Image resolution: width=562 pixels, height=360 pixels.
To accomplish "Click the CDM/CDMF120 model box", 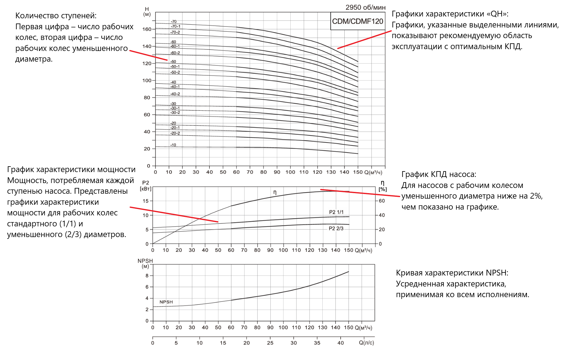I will tap(357, 21).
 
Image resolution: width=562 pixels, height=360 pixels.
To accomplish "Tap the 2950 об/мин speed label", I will tap(365, 7).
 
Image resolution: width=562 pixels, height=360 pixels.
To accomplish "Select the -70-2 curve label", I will tap(175, 32).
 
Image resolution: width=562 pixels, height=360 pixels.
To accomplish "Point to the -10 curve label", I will tap(173, 145).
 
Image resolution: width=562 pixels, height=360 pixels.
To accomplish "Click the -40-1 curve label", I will tap(175, 87).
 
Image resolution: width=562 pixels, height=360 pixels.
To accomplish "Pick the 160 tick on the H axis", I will tap(147, 29).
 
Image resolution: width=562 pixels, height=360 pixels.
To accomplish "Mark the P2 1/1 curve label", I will tap(336, 212).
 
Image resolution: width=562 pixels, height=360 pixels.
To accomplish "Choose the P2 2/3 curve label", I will tap(336, 229).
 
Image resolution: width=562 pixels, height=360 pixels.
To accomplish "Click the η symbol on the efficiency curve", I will tap(275, 192).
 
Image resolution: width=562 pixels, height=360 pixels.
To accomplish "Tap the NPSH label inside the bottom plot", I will tap(166, 302).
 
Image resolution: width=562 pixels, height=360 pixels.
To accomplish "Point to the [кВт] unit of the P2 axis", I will tap(145, 189).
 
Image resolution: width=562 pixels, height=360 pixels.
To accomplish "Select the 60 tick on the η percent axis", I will tap(382, 201).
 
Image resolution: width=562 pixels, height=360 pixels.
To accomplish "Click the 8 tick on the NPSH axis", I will tap(147, 275).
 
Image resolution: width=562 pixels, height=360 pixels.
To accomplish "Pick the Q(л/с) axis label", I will tap(366, 343).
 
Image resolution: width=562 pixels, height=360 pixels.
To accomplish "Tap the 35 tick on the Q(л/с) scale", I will tap(317, 343).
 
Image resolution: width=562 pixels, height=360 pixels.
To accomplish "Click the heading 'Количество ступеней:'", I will tap(56, 16).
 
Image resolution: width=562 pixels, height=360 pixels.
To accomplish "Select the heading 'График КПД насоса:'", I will tap(439, 175).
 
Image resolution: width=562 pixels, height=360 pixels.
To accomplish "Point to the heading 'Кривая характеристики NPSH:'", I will tap(452, 273).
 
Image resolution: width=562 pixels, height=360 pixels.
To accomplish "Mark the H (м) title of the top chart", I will tap(147, 12).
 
